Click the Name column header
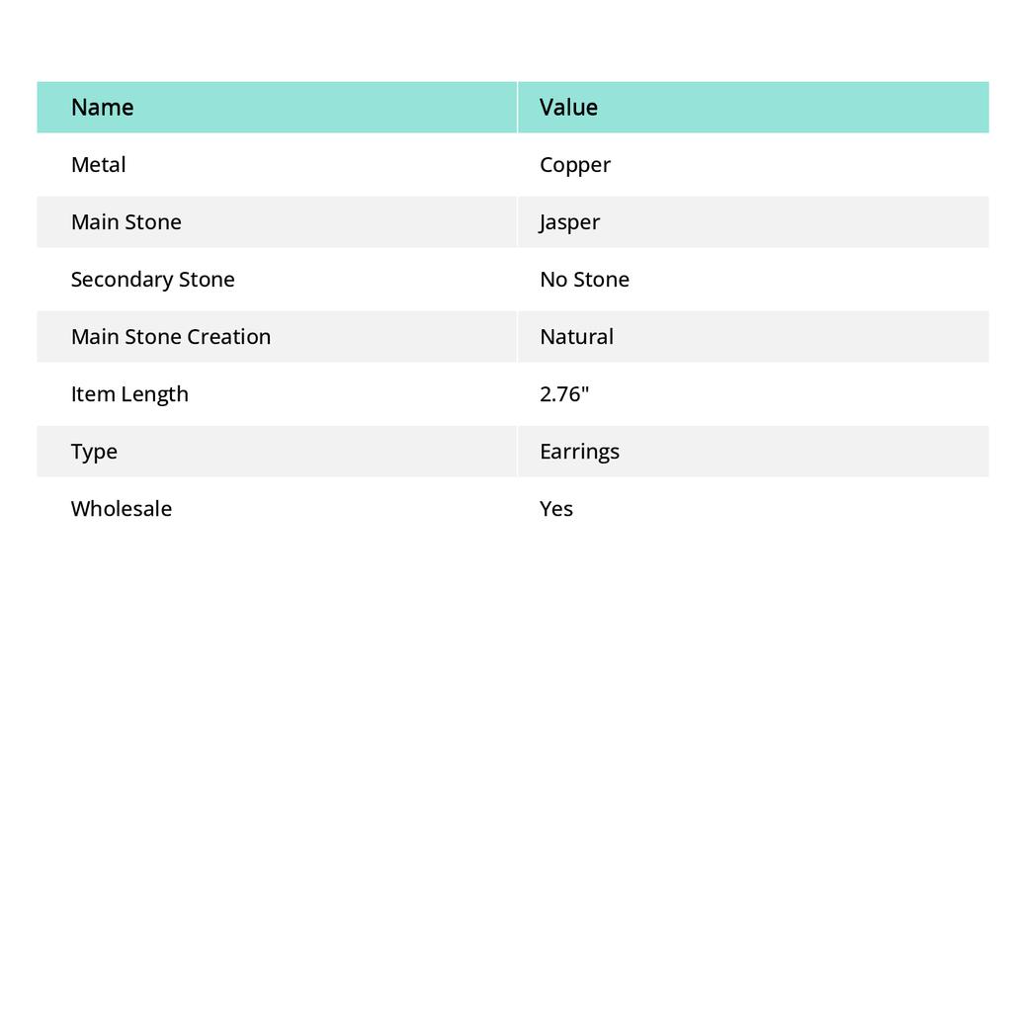[x=102, y=108]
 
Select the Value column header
[x=568, y=108]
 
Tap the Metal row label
[x=98, y=165]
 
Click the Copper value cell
[x=575, y=165]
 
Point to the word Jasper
[x=569, y=222]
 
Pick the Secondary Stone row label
[x=152, y=280]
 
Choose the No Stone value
[x=584, y=280]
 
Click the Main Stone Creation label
[x=170, y=337]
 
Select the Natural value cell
[x=576, y=337]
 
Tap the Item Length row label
[x=129, y=394]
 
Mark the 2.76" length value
[x=564, y=394]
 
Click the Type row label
[x=94, y=452]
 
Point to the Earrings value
[x=579, y=452]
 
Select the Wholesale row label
[x=121, y=509]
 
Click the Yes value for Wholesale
[x=556, y=509]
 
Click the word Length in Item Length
[x=152, y=394]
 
